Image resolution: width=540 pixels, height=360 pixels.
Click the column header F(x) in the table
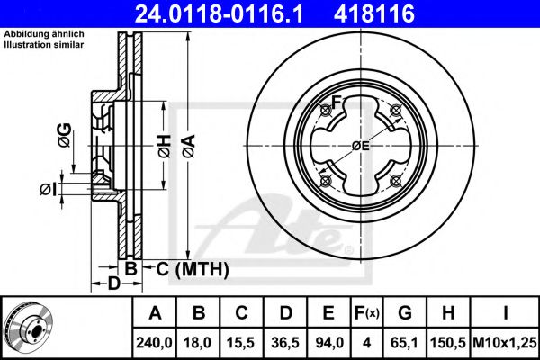[x=367, y=313]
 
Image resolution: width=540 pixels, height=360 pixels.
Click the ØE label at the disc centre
[x=361, y=146]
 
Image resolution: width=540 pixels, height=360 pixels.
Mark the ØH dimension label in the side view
[x=163, y=146]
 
